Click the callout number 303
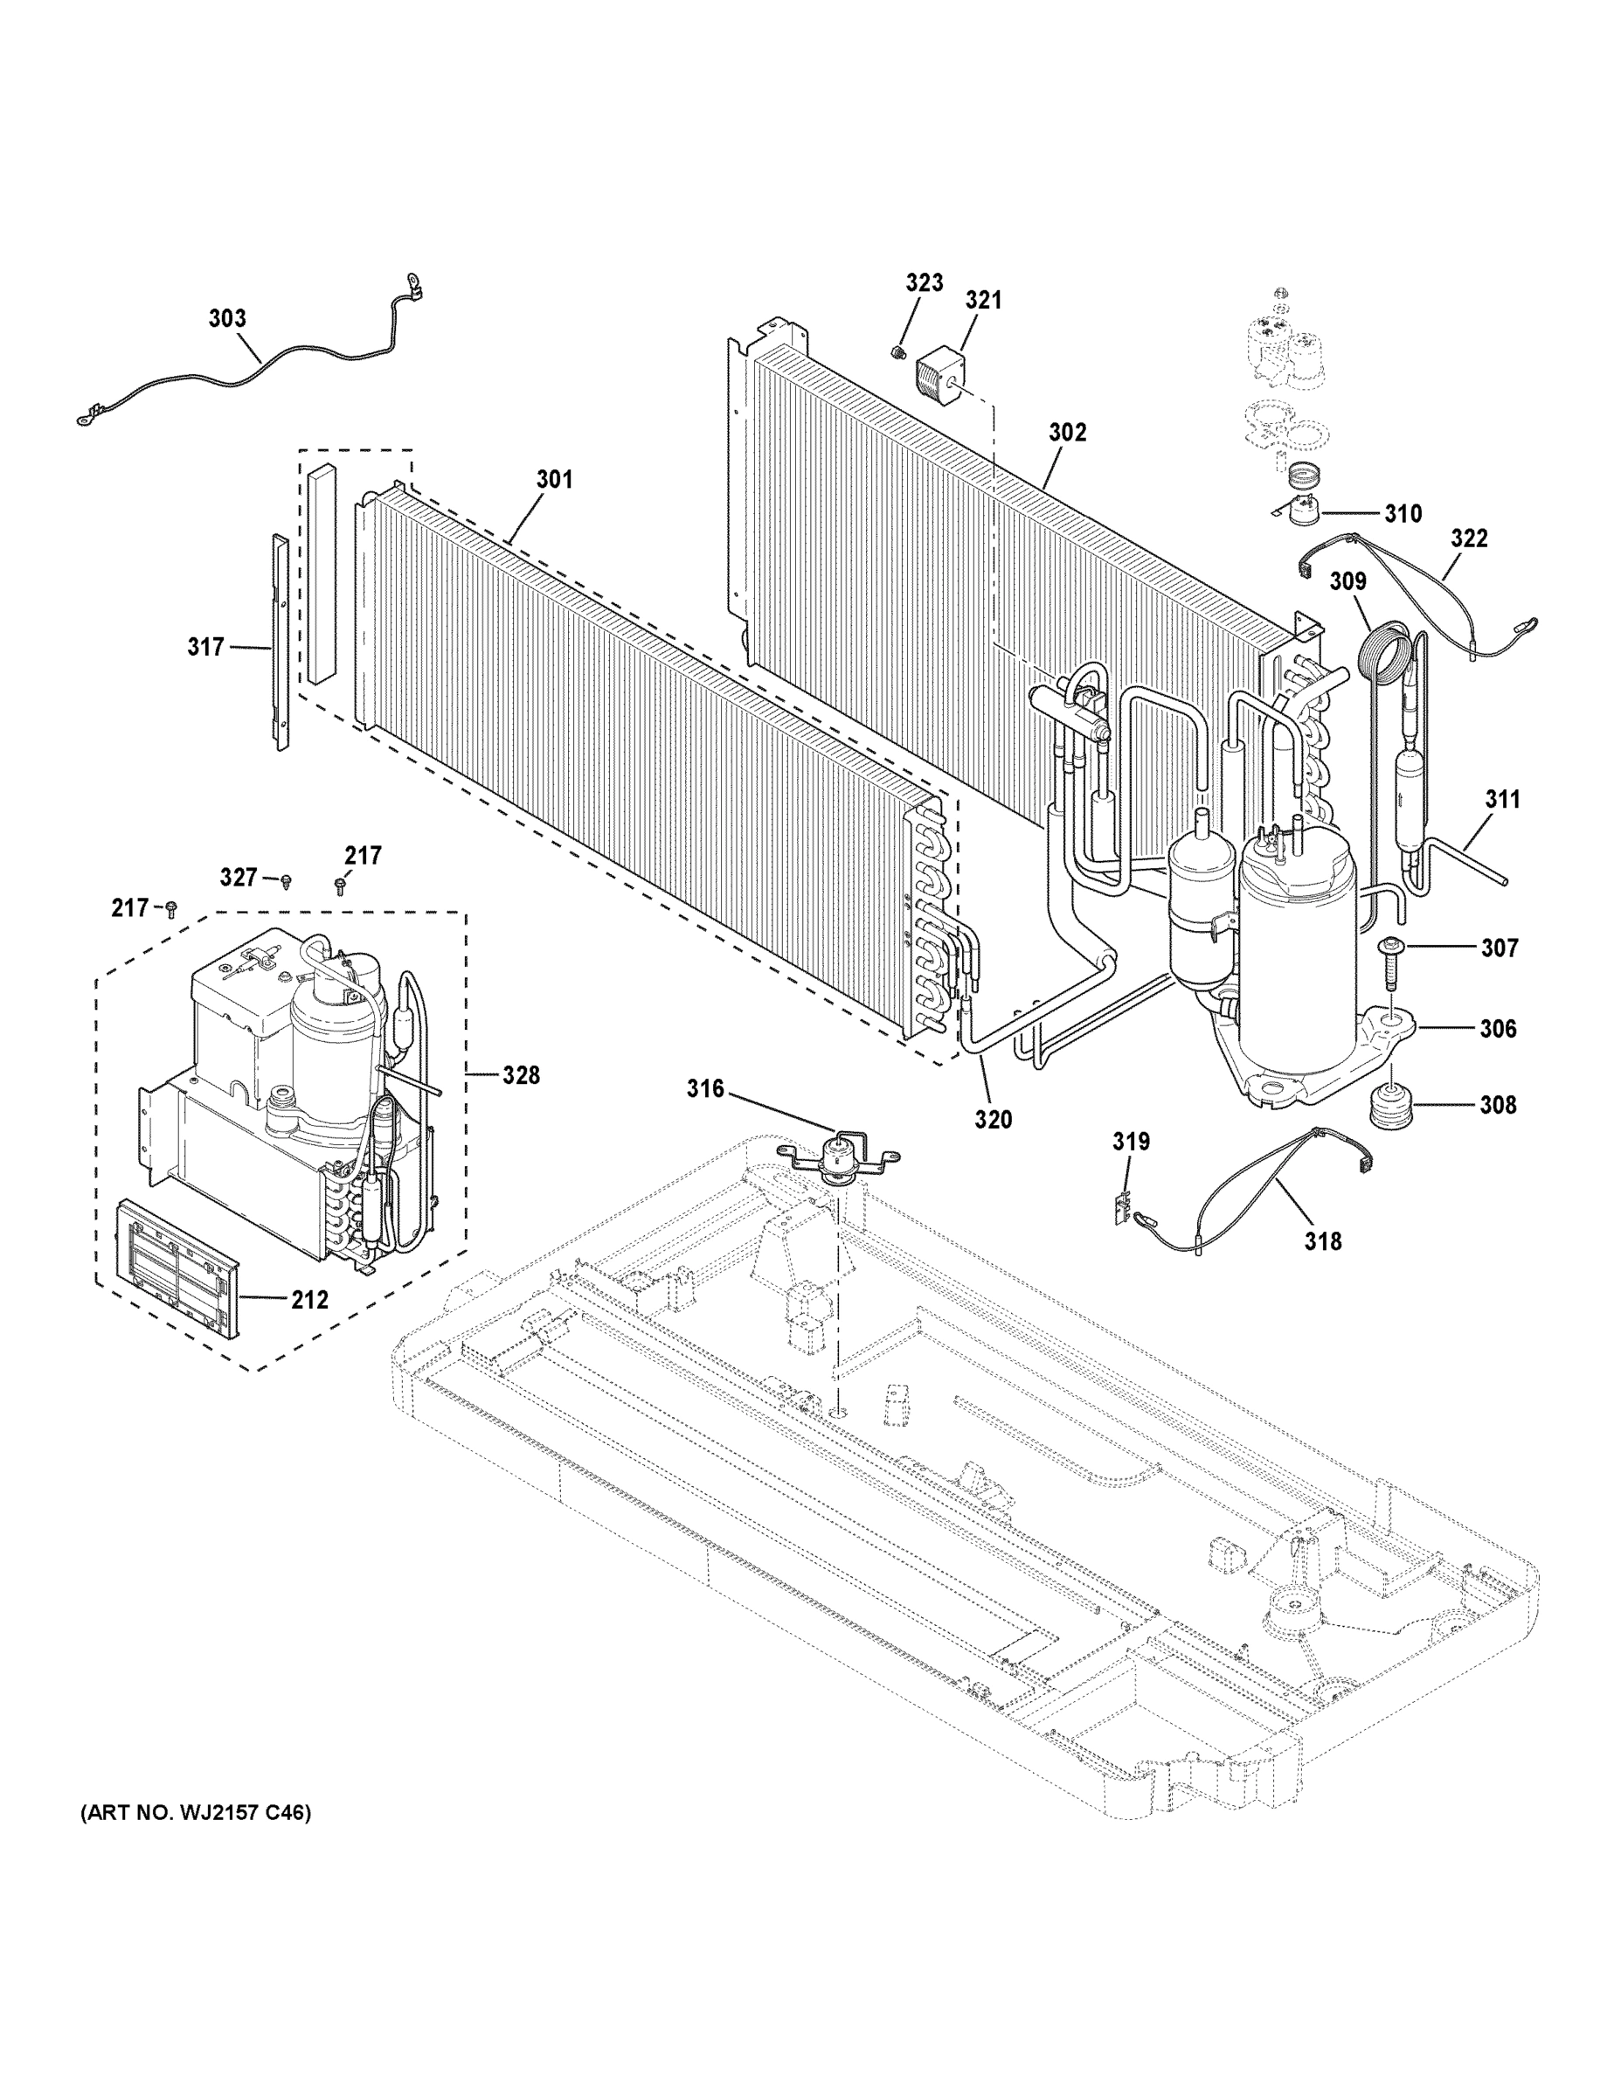[x=227, y=319]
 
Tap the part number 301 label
[x=554, y=479]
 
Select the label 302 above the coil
[x=1067, y=434]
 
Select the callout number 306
[x=1497, y=1029]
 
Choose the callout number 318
[x=1322, y=1242]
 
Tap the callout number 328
[x=522, y=1075]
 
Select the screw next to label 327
[x=286, y=880]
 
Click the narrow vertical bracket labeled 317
[x=281, y=641]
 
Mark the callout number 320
[x=993, y=1119]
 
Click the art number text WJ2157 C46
[x=195, y=1814]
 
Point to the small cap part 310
[x=1301, y=515]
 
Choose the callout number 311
[x=1503, y=798]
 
